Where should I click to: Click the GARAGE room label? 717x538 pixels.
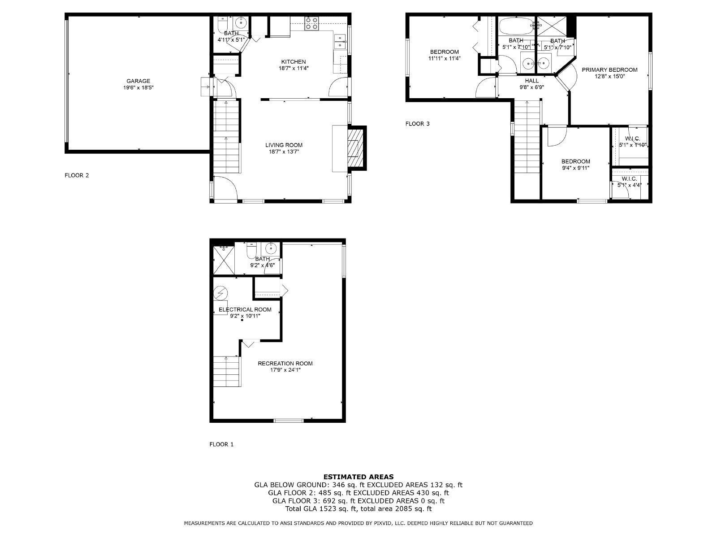(138, 81)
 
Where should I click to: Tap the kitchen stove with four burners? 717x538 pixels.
(311, 23)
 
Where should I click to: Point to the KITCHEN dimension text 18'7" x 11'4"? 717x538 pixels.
(294, 68)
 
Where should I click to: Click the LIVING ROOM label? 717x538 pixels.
(284, 145)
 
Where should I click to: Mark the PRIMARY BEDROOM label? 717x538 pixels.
(609, 69)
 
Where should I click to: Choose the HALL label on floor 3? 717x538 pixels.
(531, 81)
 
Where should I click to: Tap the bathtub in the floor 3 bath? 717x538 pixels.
(516, 26)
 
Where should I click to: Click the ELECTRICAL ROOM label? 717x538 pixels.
(245, 309)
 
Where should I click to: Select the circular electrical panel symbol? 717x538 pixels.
(220, 293)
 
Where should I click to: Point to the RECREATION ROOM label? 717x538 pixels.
(285, 363)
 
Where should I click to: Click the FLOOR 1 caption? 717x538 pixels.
(221, 444)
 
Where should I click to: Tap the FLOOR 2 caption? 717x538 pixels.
(77, 175)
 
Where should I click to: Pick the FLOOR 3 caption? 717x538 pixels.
(417, 123)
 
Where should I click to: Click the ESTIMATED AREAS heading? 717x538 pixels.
(358, 477)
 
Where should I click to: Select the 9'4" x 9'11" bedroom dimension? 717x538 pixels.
(575, 168)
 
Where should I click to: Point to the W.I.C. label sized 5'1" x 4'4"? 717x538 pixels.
(629, 179)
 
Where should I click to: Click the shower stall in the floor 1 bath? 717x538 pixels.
(224, 260)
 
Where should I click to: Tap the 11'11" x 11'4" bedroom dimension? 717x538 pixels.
(444, 58)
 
